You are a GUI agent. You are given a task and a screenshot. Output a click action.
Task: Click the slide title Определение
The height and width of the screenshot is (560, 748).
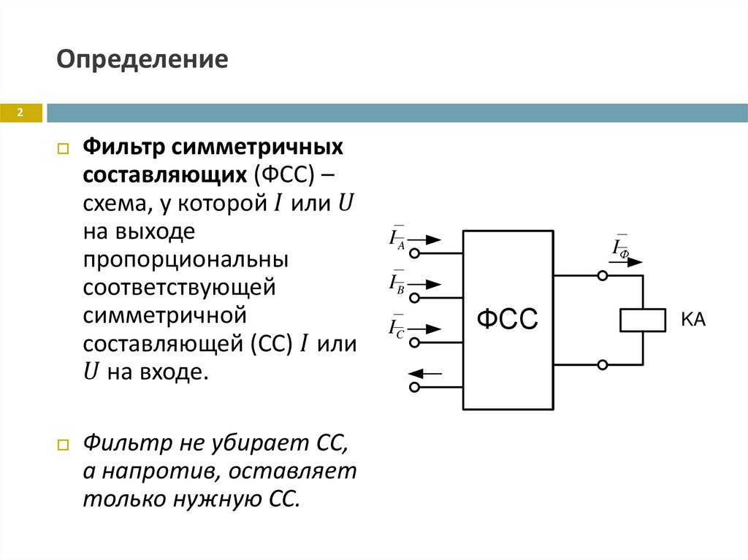pos(143,58)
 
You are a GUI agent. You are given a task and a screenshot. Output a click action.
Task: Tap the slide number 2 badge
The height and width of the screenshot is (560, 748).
pos(20,112)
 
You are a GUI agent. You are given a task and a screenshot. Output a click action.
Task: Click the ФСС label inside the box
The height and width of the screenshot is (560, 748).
pos(507,319)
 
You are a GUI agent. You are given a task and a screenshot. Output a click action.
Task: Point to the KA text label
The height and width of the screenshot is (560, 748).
pos(693,320)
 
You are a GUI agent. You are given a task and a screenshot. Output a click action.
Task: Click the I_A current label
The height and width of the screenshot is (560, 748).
pos(398,238)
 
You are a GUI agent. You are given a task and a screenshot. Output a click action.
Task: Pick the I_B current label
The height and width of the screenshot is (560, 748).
pos(398,283)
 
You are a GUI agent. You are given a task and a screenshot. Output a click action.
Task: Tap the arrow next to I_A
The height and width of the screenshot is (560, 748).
pos(430,239)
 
